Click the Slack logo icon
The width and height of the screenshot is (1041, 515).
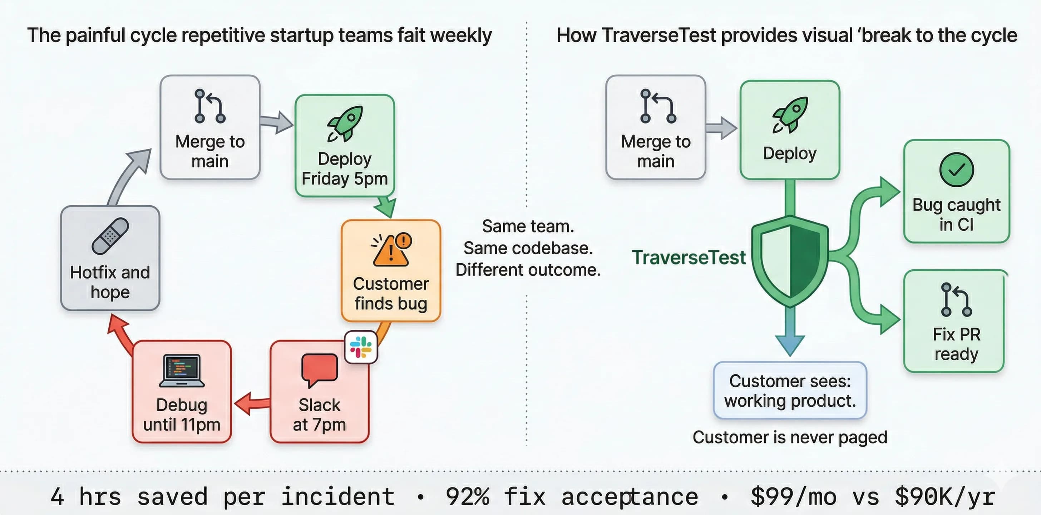click(x=361, y=347)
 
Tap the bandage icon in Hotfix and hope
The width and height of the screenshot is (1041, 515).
click(x=110, y=236)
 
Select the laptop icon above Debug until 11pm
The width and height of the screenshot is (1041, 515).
click(x=182, y=371)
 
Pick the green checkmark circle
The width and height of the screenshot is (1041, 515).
click(x=956, y=170)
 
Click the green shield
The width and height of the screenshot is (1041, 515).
click(x=790, y=261)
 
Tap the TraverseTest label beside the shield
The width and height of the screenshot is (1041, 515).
click(x=689, y=258)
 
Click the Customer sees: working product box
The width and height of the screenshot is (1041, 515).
click(x=790, y=391)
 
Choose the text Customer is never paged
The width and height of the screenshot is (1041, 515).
click(x=790, y=437)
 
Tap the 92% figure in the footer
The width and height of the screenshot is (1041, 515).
click(x=467, y=496)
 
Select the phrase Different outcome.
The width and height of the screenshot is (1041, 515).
click(x=528, y=270)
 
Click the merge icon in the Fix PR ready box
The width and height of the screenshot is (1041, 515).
click(x=956, y=300)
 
